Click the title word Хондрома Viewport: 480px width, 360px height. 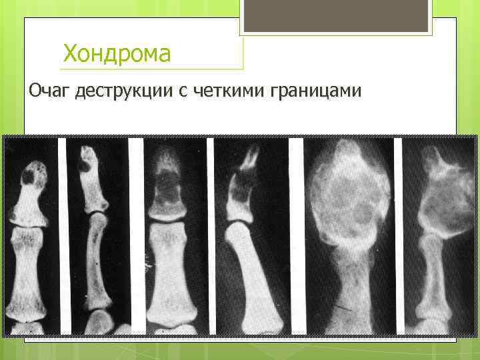pos(116,53)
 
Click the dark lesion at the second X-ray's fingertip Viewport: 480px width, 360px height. pos(87,160)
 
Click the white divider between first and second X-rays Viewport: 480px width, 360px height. pos(63,233)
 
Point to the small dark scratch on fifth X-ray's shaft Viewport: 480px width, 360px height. pos(345,307)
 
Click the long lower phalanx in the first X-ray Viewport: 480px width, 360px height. pos(27,273)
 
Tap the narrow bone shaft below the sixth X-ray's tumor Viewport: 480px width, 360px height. pos(430,273)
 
